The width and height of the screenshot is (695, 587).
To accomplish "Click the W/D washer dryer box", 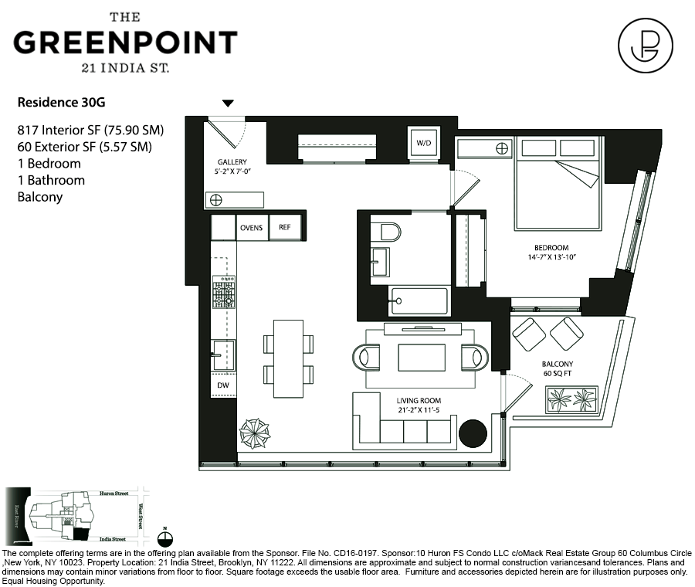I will coord(423,144).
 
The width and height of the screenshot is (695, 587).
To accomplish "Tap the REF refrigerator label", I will coord(284,228).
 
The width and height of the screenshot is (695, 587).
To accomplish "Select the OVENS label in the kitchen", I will coord(252,228).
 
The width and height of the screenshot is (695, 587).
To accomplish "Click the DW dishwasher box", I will coord(224,385).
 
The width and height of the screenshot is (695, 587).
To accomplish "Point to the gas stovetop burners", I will coord(225,292).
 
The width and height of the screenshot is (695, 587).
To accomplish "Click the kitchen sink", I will coord(224,355).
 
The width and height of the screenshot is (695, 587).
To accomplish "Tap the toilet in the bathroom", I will coord(386,232).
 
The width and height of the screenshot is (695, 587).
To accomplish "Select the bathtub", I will coord(419,301).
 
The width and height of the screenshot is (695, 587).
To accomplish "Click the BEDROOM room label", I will coord(551,248).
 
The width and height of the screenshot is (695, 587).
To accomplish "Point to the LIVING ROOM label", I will coord(419,401).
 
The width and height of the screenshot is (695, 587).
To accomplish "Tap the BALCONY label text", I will coord(557,364).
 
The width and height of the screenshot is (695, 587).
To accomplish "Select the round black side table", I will coord(473,434).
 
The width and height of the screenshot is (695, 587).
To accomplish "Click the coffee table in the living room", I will coord(422,358).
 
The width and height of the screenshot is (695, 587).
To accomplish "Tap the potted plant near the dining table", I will coord(254,433).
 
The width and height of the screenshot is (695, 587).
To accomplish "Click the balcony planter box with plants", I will coord(571,399).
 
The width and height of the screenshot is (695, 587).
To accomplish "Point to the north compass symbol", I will coord(165,538).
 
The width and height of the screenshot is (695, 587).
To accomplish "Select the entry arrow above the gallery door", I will coord(227,103).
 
